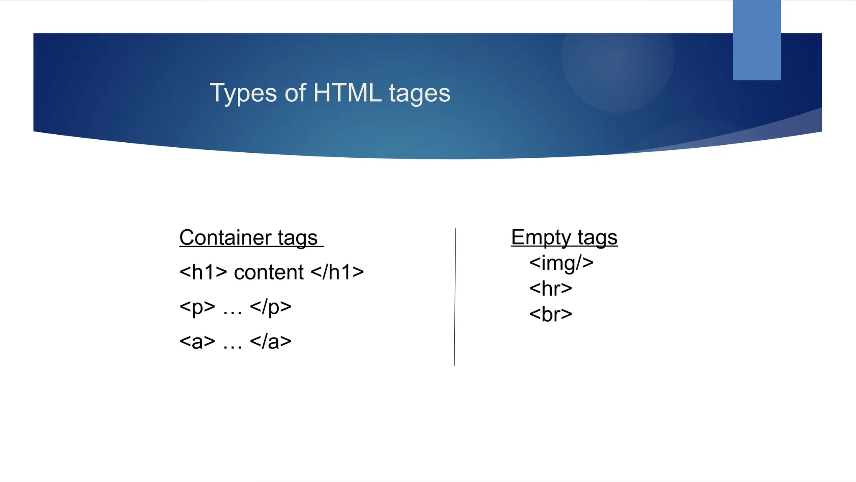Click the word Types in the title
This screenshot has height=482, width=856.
242,93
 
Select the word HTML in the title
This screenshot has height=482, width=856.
347,93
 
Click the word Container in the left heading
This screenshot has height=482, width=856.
225,238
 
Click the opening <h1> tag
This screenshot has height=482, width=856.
203,272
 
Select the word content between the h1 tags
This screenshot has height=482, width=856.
269,272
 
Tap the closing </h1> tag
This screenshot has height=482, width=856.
337,272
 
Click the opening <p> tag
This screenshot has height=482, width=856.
197,307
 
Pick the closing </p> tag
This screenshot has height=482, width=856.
270,307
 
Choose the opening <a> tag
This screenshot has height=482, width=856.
197,341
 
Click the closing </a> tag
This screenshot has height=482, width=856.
270,341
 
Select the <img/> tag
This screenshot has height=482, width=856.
561,263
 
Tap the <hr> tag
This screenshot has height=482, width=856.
550,289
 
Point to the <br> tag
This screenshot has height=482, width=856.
550,314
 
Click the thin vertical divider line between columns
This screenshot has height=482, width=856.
455,297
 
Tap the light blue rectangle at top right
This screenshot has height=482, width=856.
757,40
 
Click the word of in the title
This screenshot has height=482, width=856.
295,93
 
